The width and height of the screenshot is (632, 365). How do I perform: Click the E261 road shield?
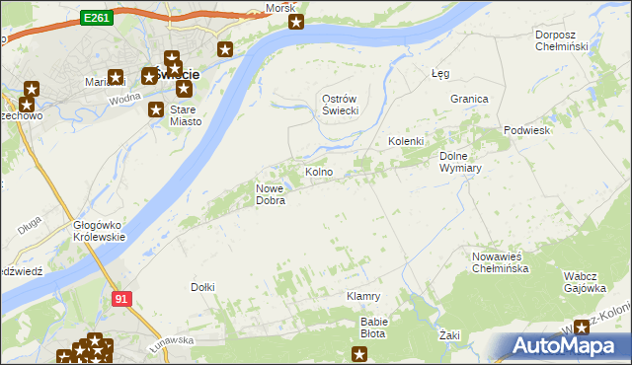coord(96,18)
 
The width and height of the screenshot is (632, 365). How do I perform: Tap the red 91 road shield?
coord(121,298)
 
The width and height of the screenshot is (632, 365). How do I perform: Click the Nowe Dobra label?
coord(271,194)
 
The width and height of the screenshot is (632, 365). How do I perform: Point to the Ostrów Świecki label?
coord(340,105)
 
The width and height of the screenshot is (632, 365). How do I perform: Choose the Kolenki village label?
coord(405,141)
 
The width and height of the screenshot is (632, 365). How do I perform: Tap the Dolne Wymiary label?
coord(459,161)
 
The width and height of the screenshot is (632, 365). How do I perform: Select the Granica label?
coord(470,100)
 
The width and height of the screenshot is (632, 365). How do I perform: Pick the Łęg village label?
coord(441,73)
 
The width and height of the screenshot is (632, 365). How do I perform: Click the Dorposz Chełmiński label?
coord(561,40)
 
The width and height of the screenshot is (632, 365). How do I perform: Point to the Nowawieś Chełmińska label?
coord(503,261)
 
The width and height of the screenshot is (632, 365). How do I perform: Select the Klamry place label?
coord(363,296)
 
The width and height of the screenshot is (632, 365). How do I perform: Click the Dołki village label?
coord(202,287)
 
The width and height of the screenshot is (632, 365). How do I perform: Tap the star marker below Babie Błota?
coord(360,352)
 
